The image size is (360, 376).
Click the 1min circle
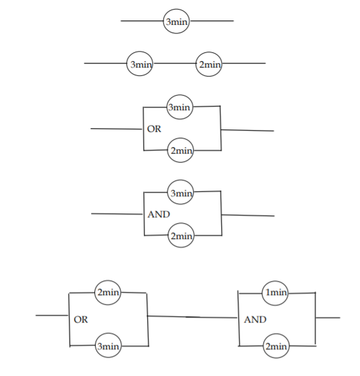(x=275, y=293)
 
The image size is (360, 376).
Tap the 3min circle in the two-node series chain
(x=140, y=64)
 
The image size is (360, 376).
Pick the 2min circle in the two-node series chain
(x=209, y=64)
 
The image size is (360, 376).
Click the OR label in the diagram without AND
(x=154, y=129)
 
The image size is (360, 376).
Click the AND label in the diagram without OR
(x=159, y=214)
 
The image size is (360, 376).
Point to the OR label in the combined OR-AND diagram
(x=81, y=319)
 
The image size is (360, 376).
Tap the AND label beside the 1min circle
(x=256, y=319)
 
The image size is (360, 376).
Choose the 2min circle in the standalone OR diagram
(x=180, y=150)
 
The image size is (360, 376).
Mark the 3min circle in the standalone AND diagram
(x=180, y=192)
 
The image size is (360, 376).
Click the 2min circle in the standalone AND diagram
(x=180, y=236)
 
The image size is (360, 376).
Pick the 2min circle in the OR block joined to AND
(x=107, y=293)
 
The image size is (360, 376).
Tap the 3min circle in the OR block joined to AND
(x=107, y=346)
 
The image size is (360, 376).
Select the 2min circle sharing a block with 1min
(x=275, y=346)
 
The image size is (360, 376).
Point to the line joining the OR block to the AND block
(x=191, y=316)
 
